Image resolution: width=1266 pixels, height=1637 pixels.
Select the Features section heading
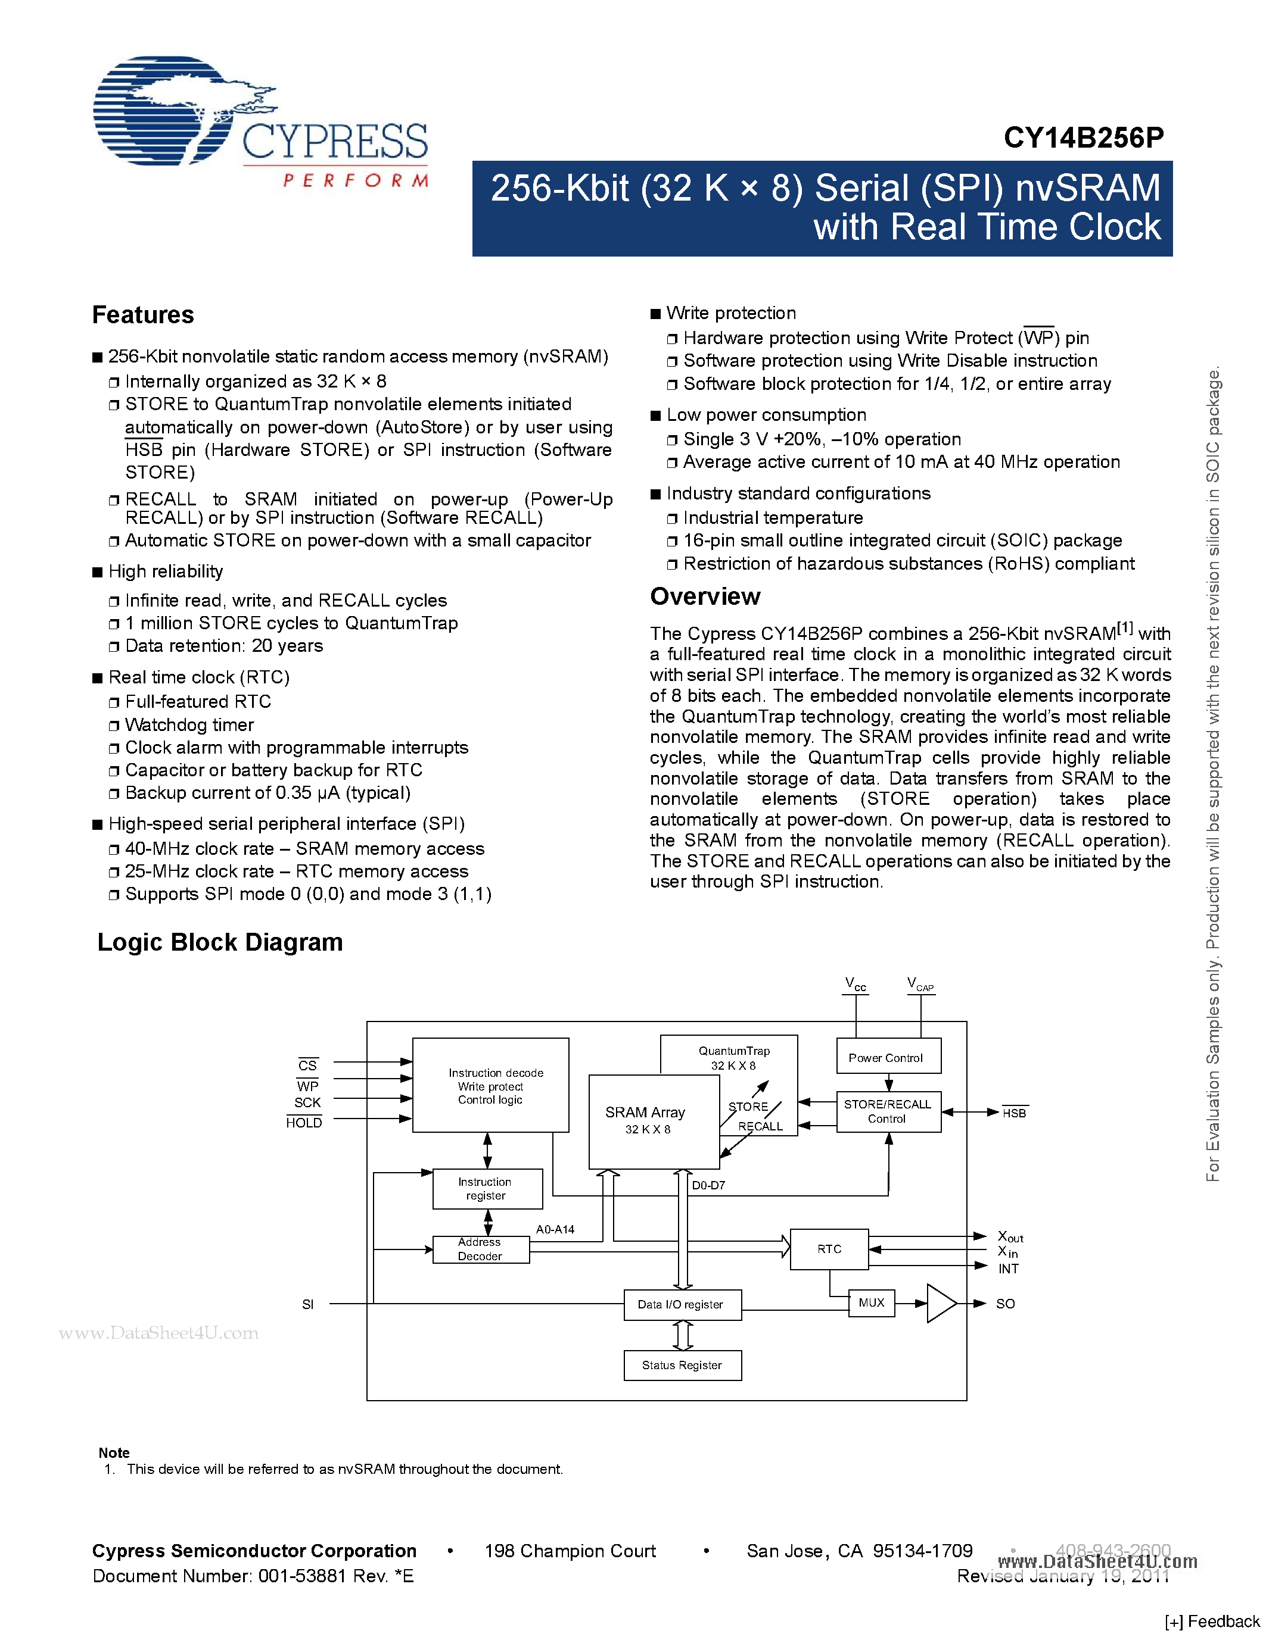coord(142,315)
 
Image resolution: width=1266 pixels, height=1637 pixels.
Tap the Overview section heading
coord(704,596)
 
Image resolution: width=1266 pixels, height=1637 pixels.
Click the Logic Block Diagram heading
coord(220,942)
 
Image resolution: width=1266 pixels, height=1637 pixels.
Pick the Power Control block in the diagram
coord(888,1057)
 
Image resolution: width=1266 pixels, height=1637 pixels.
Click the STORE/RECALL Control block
coord(888,1111)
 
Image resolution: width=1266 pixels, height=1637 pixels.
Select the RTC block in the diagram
coord(829,1249)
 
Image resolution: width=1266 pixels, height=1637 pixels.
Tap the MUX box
coord(871,1302)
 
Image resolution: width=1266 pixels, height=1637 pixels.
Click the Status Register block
coord(682,1365)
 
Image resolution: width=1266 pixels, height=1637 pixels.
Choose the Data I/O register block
coord(682,1304)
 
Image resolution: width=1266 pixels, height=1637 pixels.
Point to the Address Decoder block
coord(481,1249)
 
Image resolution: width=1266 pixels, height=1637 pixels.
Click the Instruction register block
coord(487,1189)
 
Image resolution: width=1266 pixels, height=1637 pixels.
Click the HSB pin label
coord(1014,1113)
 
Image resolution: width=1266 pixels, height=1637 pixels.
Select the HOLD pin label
coord(304,1122)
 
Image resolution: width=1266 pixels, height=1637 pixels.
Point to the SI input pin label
coord(307,1304)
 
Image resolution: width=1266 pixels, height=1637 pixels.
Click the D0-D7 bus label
coord(708,1185)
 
